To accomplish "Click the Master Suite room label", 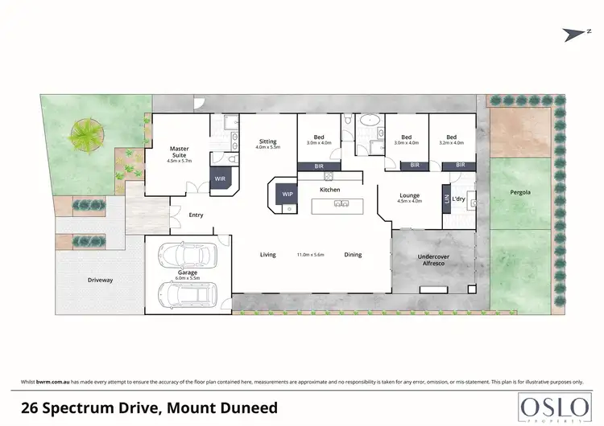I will [178, 152].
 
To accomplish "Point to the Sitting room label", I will [267, 141].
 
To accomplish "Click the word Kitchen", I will [330, 189].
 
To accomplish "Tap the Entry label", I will [196, 215].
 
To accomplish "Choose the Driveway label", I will [101, 281].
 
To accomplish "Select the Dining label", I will [353, 255].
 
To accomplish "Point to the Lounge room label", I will [410, 195].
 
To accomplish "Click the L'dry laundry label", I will [458, 199].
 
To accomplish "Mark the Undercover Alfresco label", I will [433, 261].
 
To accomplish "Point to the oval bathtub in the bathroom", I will [368, 123].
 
